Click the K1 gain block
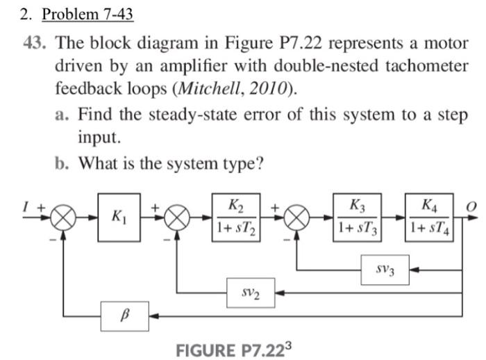click(119, 217)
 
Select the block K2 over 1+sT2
click(236, 217)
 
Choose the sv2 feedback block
click(251, 293)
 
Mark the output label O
click(471, 206)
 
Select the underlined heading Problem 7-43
click(87, 13)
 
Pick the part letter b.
click(62, 163)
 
